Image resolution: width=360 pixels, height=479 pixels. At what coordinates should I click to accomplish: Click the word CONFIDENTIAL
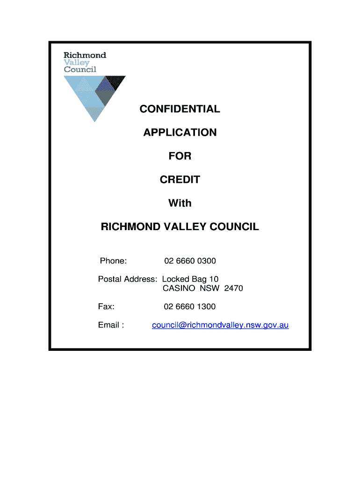click(180, 109)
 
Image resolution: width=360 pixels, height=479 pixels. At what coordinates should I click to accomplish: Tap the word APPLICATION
click(180, 133)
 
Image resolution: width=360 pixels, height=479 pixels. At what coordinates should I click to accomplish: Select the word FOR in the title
click(180, 156)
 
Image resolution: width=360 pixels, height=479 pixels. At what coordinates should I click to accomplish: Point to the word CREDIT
click(180, 180)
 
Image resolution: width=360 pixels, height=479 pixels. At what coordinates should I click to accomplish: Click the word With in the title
click(180, 203)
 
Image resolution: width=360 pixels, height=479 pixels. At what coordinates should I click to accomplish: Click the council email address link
click(220, 325)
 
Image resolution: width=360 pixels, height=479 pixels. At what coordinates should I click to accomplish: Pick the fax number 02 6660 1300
click(190, 307)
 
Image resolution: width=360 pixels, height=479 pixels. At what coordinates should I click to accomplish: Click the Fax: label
click(107, 307)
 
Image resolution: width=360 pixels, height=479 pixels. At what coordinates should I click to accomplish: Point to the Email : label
click(111, 325)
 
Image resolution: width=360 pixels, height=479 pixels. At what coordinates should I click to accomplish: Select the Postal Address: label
click(128, 279)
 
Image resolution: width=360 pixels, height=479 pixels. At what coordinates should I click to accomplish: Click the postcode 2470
click(233, 289)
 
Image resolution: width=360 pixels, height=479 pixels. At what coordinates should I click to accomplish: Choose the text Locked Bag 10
click(190, 279)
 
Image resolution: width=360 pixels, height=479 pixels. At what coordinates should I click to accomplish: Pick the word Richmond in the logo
click(85, 55)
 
